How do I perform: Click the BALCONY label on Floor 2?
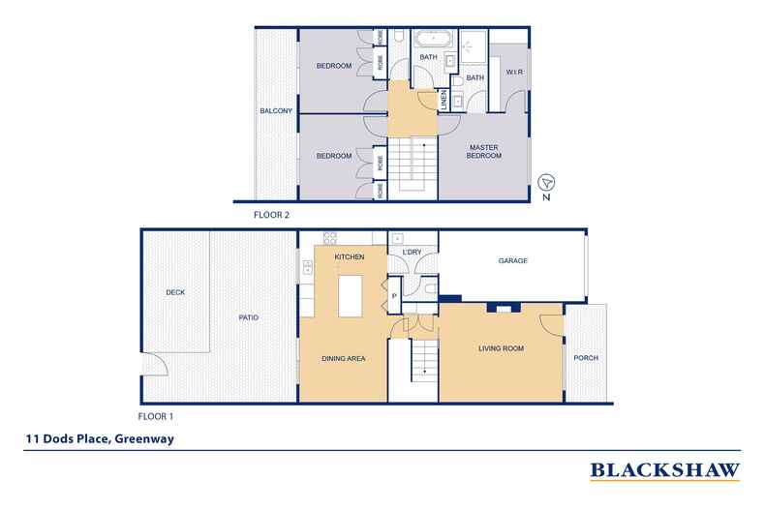[x=276, y=111]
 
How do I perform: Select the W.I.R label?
[x=514, y=73]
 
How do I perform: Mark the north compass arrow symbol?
[x=546, y=183]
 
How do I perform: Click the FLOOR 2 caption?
[x=271, y=215]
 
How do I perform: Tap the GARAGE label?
[x=512, y=259]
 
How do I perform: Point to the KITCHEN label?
[x=349, y=257]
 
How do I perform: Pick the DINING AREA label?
[x=343, y=359]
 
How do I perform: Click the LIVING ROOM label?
[x=501, y=347]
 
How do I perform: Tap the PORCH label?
[x=586, y=358]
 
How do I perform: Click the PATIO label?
[x=248, y=317]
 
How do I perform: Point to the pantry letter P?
[x=394, y=295]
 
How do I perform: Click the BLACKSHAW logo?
[x=665, y=471]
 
